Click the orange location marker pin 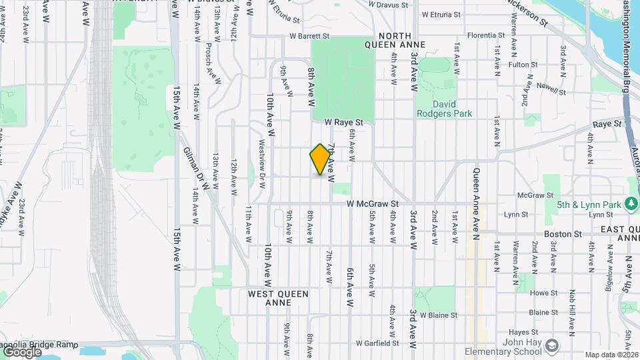(320, 159)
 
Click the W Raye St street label (343, 123)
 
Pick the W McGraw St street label (372, 204)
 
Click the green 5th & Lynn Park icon (632, 205)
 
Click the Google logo (22, 351)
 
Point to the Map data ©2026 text (611, 355)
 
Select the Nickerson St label (526, 12)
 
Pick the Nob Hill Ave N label (571, 311)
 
